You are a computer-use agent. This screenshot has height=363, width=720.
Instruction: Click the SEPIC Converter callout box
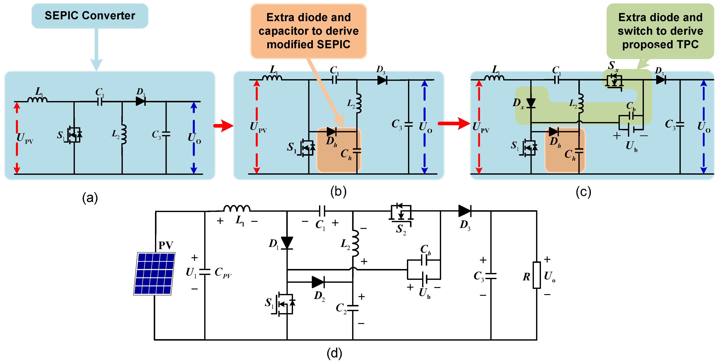(90, 16)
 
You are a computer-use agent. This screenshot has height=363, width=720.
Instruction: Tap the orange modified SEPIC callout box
(308, 31)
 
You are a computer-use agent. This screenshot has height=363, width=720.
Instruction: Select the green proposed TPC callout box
(660, 31)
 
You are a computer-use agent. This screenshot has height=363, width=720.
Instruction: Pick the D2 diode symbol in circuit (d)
(318, 282)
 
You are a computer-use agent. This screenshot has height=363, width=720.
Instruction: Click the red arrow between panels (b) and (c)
(454, 123)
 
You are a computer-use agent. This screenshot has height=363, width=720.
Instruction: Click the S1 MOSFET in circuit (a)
(74, 135)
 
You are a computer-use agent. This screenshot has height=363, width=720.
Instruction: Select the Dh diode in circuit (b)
(332, 131)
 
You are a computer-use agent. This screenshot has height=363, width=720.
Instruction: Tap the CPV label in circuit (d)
(223, 272)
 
